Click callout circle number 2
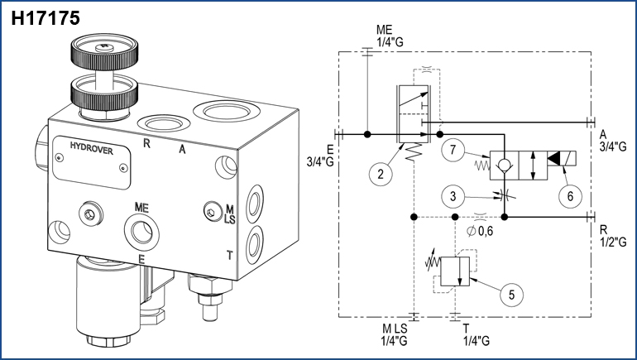[x=379, y=173]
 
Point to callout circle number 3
[x=452, y=196]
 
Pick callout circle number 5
[x=512, y=292]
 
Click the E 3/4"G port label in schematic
[x=319, y=155]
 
